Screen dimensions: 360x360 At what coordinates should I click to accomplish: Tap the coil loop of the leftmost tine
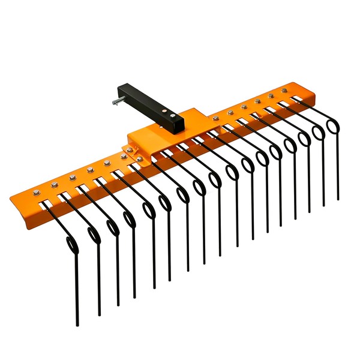[71, 245]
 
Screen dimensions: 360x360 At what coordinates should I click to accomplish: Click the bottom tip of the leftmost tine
[77, 325]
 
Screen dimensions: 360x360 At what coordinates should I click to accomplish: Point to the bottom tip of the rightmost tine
[338, 198]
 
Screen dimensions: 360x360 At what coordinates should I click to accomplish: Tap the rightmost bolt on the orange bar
[284, 91]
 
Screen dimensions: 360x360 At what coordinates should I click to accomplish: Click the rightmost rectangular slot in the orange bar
[296, 97]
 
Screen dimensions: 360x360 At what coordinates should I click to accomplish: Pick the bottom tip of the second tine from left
[100, 314]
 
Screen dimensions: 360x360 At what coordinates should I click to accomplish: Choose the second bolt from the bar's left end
[54, 184]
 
